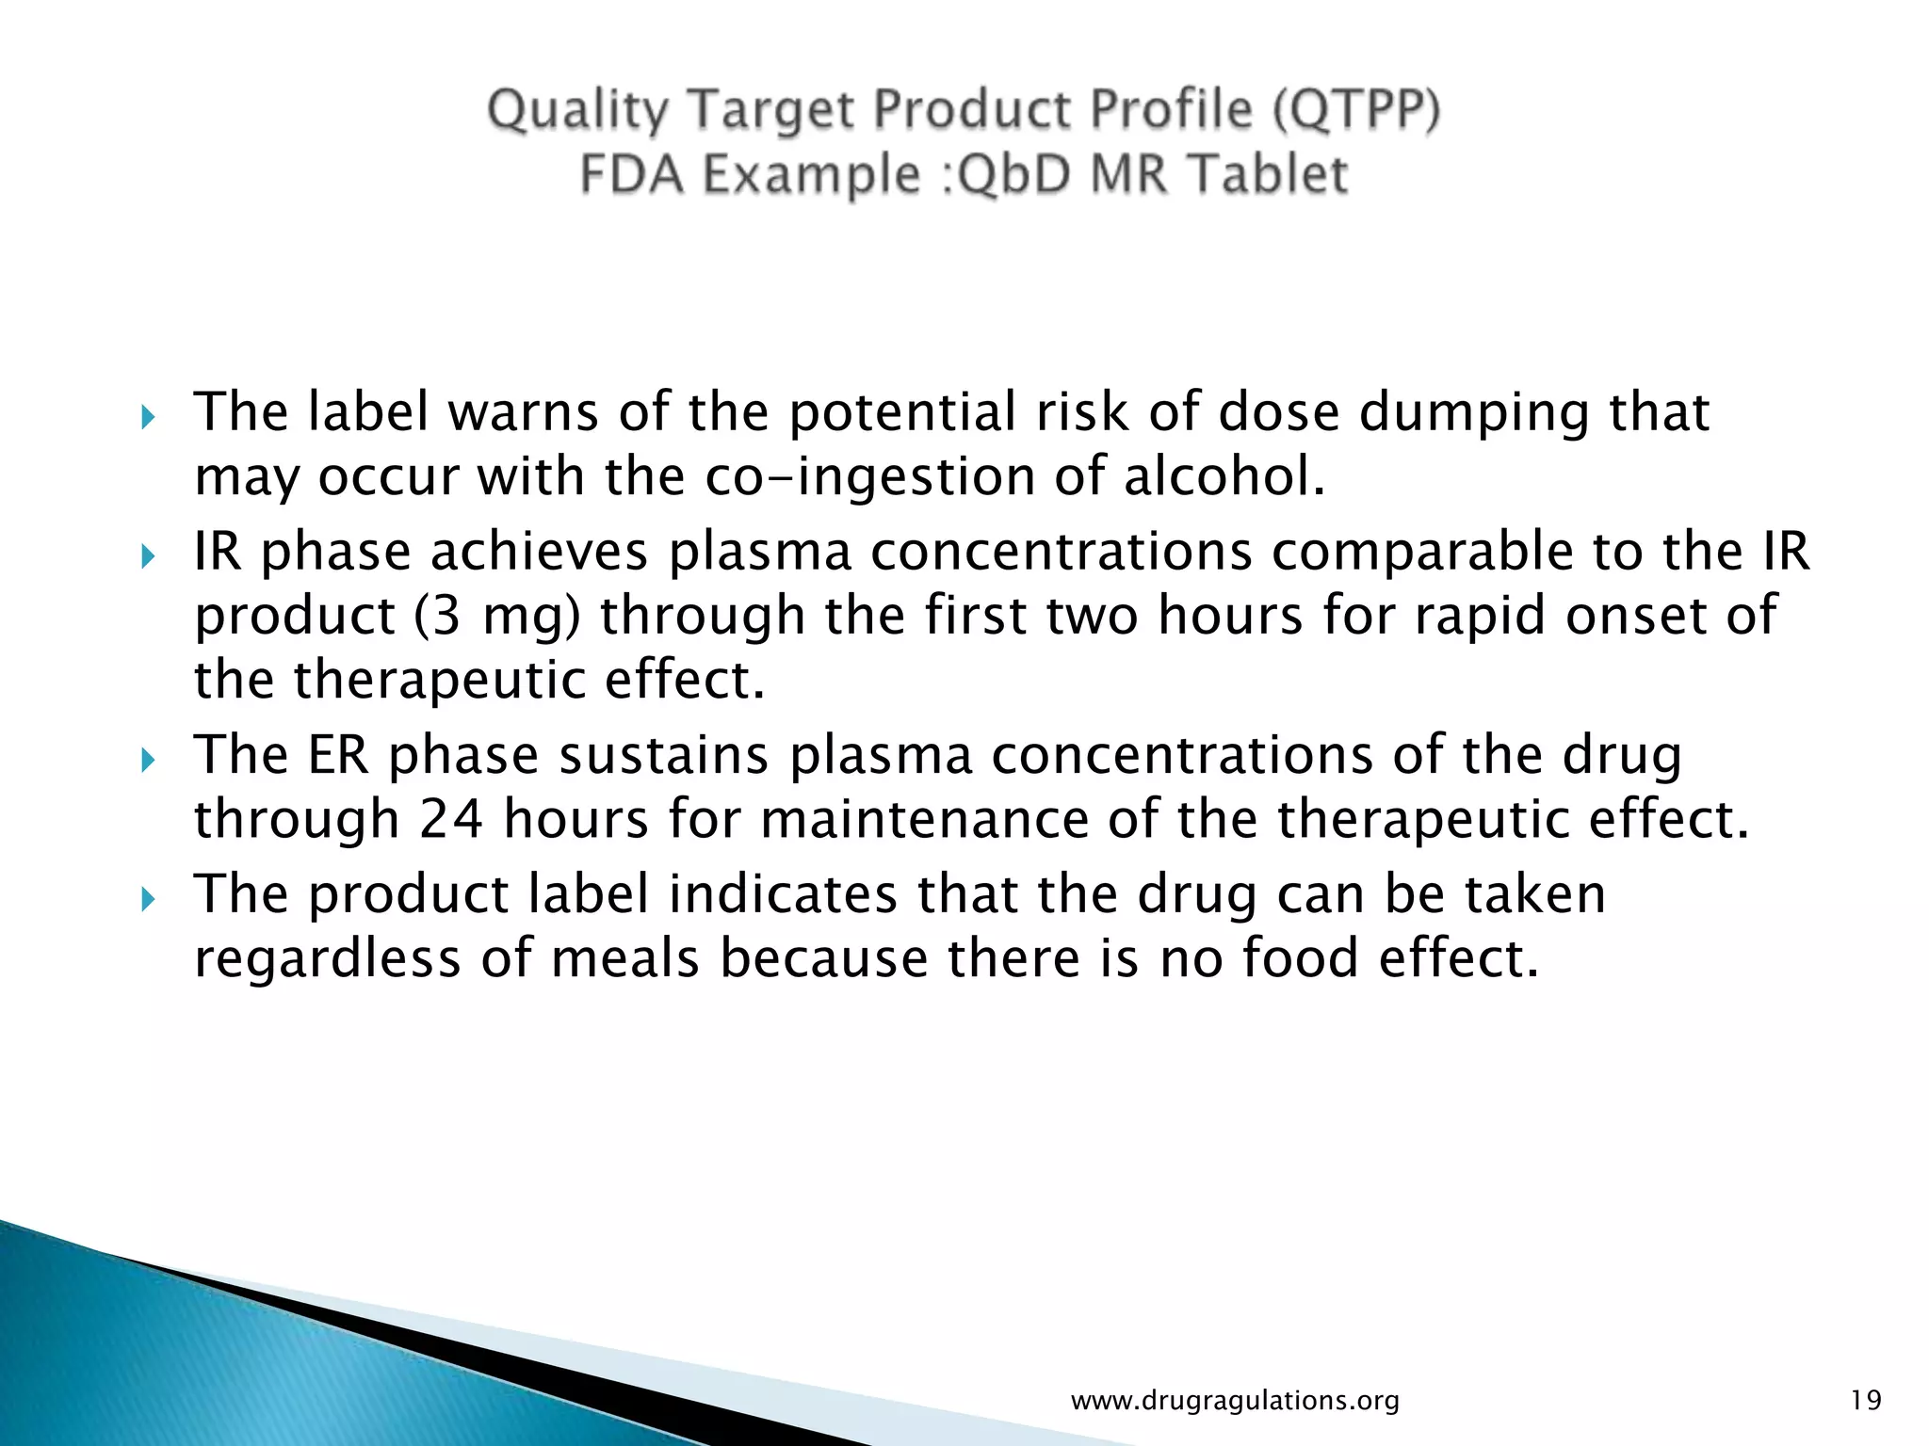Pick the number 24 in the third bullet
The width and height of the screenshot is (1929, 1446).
coord(451,819)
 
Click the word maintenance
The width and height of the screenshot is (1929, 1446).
coord(923,819)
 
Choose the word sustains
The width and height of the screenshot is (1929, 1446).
coord(663,756)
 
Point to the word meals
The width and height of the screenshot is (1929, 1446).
coord(624,958)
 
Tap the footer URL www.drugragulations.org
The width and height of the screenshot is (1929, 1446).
coord(1235,1401)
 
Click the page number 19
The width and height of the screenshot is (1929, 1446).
coord(1865,1401)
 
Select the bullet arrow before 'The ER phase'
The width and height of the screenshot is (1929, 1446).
coord(147,760)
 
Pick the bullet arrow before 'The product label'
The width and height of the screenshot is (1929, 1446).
coord(147,899)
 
